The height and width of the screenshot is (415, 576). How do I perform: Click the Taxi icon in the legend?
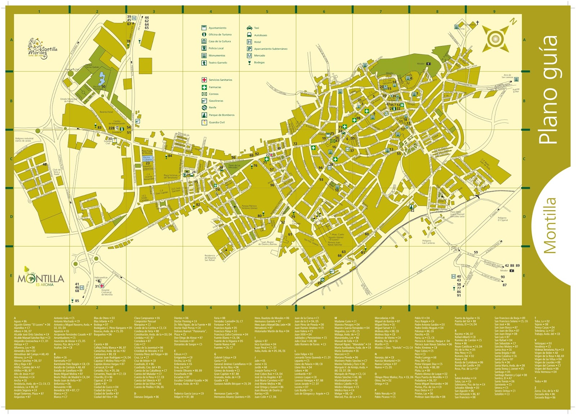[249, 28]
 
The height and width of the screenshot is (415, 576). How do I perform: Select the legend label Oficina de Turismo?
[220, 34]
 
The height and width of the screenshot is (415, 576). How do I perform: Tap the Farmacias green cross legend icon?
[204, 87]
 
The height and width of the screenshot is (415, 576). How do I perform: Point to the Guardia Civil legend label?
[217, 122]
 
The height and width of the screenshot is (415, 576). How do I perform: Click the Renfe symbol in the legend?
[204, 107]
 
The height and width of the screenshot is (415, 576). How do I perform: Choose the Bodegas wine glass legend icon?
[249, 63]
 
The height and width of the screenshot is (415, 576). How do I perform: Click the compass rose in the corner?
[496, 37]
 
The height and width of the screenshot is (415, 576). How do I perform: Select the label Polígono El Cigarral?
[503, 219]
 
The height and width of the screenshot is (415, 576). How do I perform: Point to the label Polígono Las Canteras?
[428, 242]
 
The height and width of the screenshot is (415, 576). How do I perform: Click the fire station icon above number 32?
[411, 207]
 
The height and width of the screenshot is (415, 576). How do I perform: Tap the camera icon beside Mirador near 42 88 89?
[512, 271]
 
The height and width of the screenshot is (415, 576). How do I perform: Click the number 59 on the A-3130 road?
[476, 252]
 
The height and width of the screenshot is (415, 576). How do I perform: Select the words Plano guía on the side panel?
[548, 90]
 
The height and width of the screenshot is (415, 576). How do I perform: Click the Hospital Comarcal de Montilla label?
[107, 292]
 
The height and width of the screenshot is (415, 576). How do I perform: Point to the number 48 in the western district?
[45, 164]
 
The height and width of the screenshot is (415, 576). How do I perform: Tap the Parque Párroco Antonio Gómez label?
[249, 207]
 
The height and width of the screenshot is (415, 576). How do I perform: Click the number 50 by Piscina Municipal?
[103, 87]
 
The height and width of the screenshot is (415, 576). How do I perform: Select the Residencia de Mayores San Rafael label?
[210, 258]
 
